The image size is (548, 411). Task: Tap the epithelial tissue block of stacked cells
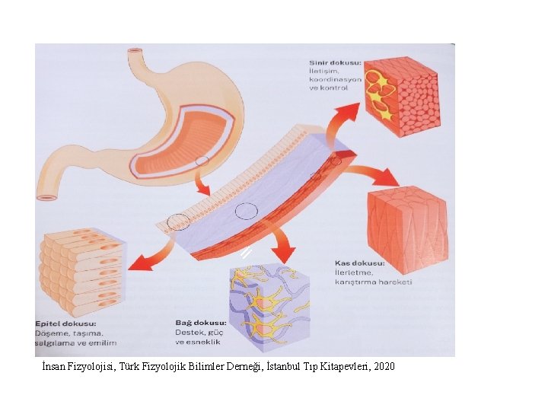pyautogui.click(x=83, y=271)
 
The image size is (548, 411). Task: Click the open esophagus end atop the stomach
pyautogui.click(x=135, y=52)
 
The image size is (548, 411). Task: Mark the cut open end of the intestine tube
pyautogui.click(x=48, y=197)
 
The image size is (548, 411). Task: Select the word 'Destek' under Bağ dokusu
pyautogui.click(x=189, y=333)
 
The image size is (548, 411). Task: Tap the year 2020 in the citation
pyautogui.click(x=384, y=367)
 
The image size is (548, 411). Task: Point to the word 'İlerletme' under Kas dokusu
pyautogui.click(x=355, y=272)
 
